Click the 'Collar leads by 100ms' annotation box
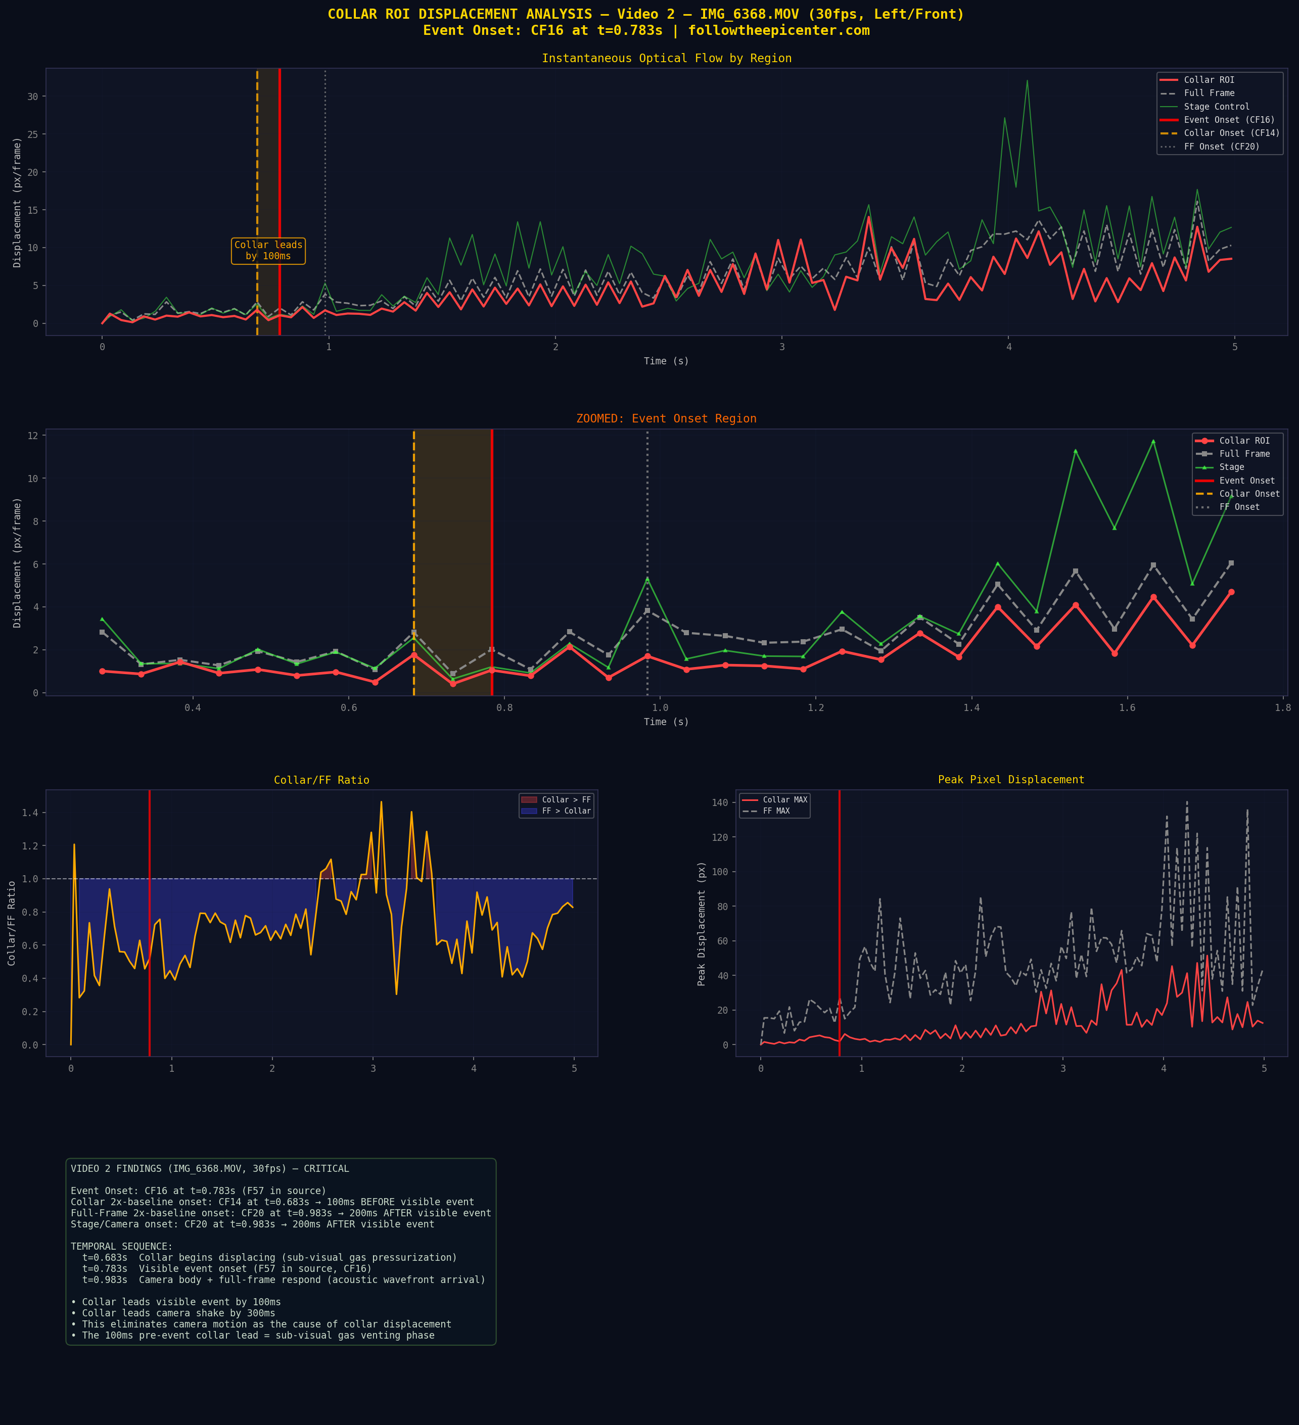(268, 250)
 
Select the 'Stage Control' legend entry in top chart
(1216, 107)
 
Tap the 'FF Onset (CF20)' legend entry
(1221, 147)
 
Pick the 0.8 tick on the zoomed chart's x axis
(504, 707)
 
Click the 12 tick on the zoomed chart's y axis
(32, 436)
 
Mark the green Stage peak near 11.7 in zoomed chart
(1153, 442)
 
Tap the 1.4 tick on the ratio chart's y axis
(30, 813)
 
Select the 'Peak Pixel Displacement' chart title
(1010, 780)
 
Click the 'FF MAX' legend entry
(776, 811)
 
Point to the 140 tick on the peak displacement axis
(720, 802)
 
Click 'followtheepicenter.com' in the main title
(778, 30)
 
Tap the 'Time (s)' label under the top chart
(665, 361)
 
